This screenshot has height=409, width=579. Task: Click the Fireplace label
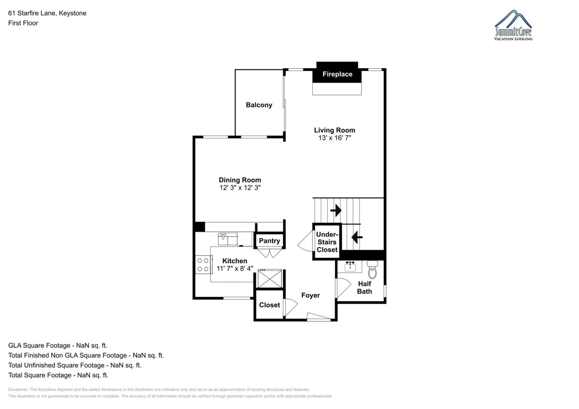click(x=337, y=74)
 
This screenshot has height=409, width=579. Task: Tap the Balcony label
click(x=259, y=105)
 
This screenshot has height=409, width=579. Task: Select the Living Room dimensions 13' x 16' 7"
click(x=335, y=138)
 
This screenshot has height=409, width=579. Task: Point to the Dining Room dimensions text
click(x=240, y=188)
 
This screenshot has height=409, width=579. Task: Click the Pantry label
click(x=269, y=241)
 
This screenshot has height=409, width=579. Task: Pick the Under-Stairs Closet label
click(x=327, y=242)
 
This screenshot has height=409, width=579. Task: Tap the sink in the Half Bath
click(x=350, y=266)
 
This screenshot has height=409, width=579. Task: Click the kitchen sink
click(x=228, y=239)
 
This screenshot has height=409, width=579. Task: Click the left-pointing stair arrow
click(x=357, y=237)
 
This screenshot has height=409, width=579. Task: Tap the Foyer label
click(x=310, y=295)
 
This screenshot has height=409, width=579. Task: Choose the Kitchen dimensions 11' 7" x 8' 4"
click(x=235, y=268)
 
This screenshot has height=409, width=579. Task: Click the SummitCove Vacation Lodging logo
click(x=513, y=25)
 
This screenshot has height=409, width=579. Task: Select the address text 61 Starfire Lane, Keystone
click(x=47, y=13)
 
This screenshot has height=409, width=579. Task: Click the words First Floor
click(x=23, y=23)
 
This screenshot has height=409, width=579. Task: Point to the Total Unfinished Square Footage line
click(x=75, y=365)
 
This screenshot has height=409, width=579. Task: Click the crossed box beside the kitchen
click(x=270, y=279)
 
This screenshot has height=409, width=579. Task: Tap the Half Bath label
click(x=364, y=288)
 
